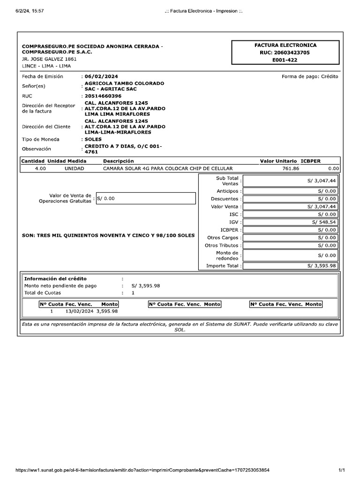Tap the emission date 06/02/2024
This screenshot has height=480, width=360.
102,76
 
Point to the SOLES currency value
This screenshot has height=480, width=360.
94,139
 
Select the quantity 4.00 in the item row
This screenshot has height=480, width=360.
40,168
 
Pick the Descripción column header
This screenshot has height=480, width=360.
118,161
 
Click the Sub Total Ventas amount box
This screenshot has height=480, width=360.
290,180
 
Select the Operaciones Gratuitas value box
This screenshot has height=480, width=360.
145,198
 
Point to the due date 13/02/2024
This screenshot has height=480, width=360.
79,311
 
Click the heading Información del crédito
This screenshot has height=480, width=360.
55,278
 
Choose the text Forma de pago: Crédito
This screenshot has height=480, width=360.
309,76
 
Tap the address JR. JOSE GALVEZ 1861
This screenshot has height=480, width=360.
49,59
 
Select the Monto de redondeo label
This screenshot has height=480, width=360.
227,255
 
